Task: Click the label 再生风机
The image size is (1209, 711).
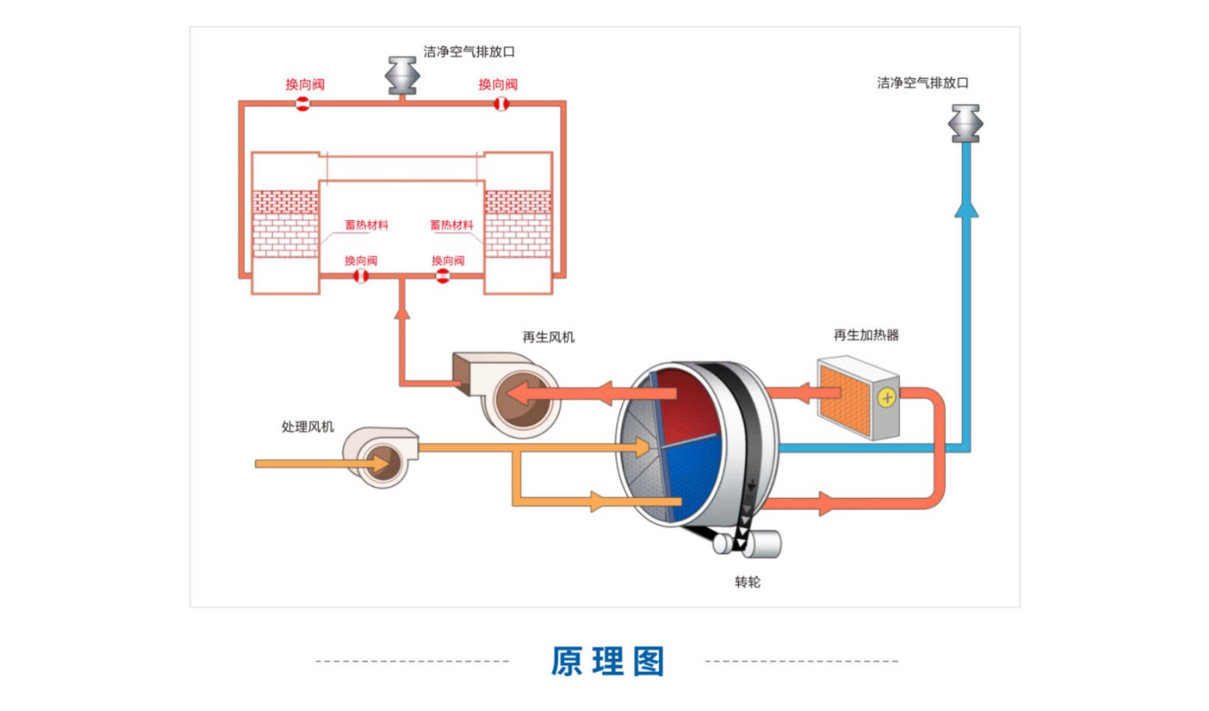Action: tap(548, 338)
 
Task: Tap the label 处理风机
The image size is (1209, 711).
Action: tap(308, 427)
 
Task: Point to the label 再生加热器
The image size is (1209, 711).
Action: tap(866, 335)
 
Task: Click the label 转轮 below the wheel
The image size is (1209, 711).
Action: tap(748, 581)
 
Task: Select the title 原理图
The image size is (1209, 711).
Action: tap(608, 661)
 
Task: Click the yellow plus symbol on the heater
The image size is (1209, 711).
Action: tap(887, 398)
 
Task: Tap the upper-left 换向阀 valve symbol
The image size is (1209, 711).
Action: tap(303, 104)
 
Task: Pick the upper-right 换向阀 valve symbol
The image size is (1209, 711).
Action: tap(502, 104)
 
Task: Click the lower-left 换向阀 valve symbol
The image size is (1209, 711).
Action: tap(361, 276)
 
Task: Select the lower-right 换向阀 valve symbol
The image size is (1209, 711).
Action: tap(442, 276)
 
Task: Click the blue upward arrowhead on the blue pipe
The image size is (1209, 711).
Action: tap(966, 209)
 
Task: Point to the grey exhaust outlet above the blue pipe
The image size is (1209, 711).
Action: tap(965, 124)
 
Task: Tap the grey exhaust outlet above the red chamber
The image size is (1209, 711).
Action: tap(403, 75)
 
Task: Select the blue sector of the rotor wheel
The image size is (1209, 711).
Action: tap(692, 476)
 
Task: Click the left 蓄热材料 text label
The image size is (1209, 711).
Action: tap(366, 225)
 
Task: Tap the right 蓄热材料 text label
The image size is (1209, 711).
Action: tap(451, 225)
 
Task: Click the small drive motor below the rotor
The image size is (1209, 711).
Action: tap(748, 544)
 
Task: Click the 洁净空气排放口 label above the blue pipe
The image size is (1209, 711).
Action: tap(922, 82)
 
